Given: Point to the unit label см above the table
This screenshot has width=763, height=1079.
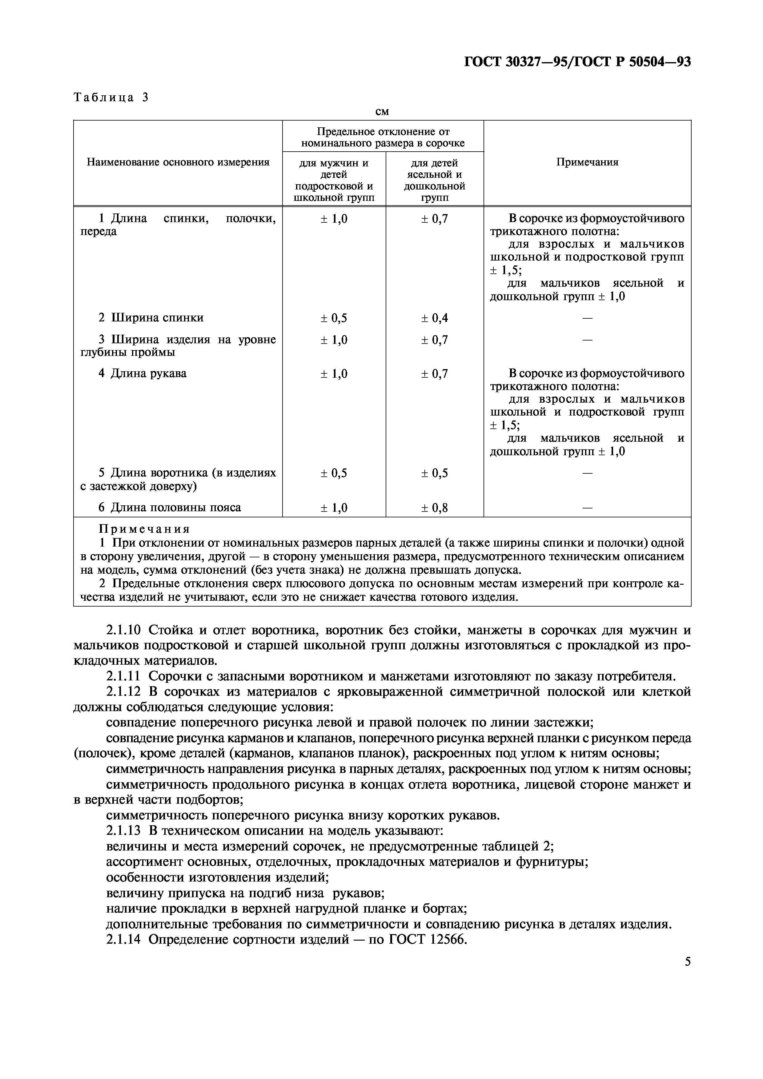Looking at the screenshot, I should point(382,112).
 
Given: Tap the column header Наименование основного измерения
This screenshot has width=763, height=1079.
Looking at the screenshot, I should point(178,162).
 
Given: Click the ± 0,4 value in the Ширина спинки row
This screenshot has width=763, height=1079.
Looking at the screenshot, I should point(434,318).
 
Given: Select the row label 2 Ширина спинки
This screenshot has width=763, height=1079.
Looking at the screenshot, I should point(151,318).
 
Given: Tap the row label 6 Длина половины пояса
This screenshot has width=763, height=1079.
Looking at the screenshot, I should point(169,508).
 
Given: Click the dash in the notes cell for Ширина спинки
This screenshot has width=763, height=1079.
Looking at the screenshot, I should point(587,318).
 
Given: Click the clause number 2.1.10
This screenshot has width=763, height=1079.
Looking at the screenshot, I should point(123,630).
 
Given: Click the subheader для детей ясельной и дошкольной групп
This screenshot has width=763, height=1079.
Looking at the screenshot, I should point(434,180).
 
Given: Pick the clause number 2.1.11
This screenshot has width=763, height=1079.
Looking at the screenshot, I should point(123,677).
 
